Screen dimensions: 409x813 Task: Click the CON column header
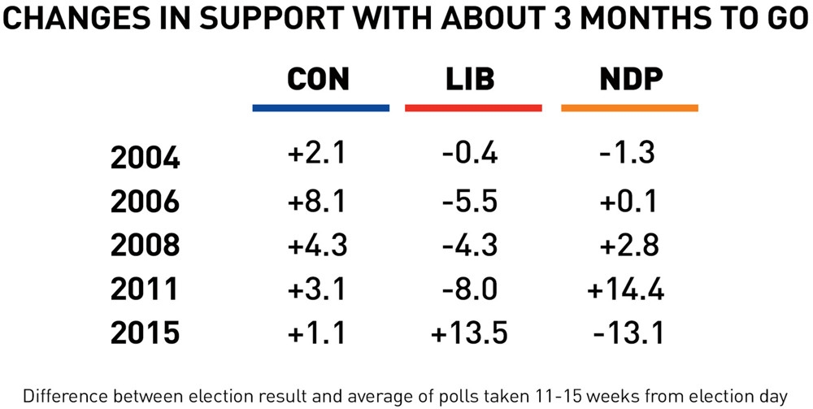click(318, 79)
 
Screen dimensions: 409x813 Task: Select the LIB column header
click(470, 79)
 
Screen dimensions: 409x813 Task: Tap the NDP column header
click(630, 79)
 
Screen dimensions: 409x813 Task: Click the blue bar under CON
click(320, 108)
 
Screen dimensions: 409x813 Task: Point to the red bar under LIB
click(472, 108)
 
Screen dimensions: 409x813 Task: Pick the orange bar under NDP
click(629, 108)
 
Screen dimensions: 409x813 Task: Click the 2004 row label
click(145, 158)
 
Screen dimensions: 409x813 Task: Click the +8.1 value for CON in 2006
click(317, 200)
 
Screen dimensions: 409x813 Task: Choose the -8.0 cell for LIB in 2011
click(471, 289)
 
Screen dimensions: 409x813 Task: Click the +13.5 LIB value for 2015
click(471, 333)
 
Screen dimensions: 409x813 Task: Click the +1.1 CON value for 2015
click(317, 333)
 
